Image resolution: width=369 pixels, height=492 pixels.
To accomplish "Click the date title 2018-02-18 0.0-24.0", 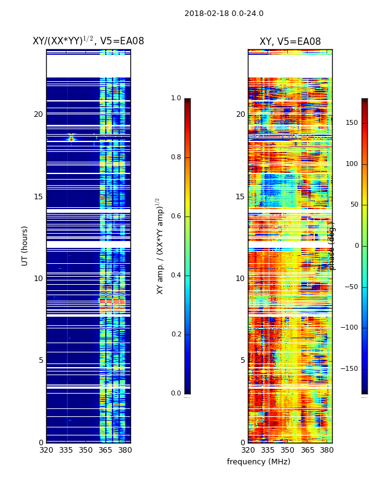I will click(224, 14).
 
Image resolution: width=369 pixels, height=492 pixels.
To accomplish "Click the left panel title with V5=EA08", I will click(88, 41).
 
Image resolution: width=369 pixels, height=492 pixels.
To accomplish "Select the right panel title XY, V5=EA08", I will click(290, 42).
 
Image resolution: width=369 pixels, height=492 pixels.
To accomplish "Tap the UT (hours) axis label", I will click(25, 245).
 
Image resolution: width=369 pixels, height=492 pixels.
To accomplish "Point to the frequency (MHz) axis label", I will click(258, 462).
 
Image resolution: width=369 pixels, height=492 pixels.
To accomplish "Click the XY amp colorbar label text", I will click(160, 245).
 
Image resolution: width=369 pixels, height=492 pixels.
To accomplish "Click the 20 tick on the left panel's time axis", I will click(38, 114).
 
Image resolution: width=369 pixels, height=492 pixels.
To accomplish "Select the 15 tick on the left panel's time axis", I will click(38, 197).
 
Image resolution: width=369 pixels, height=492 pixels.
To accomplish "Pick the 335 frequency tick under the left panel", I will click(66, 450).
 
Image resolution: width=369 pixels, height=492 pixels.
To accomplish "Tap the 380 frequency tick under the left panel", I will click(125, 450).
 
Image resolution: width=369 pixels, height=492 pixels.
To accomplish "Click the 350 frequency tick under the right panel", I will click(287, 450).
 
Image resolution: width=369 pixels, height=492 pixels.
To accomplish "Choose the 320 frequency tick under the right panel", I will click(248, 450).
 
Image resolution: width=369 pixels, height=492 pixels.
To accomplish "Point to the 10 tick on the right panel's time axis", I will click(240, 279).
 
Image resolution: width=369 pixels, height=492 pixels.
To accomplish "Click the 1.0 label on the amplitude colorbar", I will click(176, 98).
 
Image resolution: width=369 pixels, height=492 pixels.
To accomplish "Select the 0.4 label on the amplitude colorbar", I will click(176, 276).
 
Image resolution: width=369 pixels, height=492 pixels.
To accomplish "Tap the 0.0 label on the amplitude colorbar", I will click(176, 394).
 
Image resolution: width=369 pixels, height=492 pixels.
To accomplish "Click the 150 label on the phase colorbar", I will click(352, 123).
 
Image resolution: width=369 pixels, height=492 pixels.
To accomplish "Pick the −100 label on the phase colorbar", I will click(351, 328).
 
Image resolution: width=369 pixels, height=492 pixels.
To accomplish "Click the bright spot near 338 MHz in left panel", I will click(71, 139).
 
